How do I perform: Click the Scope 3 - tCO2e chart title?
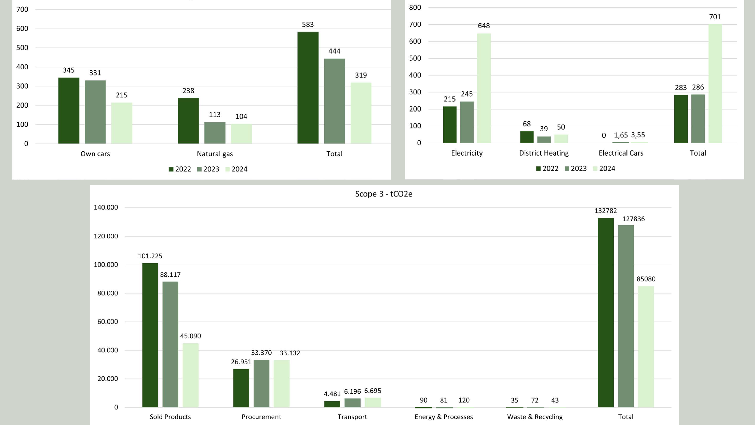(383, 194)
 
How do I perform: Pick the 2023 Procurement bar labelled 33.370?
(261, 383)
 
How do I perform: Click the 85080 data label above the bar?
(646, 279)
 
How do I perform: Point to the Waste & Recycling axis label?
(535, 417)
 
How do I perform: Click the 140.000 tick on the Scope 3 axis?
(106, 207)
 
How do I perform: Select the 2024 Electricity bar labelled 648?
(484, 88)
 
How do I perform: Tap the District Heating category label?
(544, 153)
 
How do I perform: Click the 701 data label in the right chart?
(715, 17)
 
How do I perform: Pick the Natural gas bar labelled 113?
(215, 132)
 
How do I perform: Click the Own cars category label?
(95, 154)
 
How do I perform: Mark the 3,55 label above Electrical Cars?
(638, 135)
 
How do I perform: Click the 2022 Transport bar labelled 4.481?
(332, 404)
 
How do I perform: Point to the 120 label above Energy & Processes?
(464, 400)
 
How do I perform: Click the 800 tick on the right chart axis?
(415, 8)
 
